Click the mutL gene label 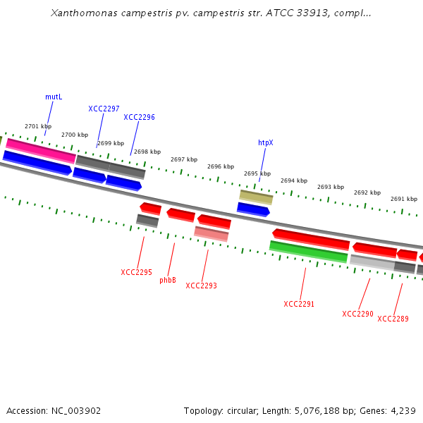[x=54, y=97]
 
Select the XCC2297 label [x=104, y=109]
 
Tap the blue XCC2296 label [x=139, y=117]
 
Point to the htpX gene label [x=265, y=142]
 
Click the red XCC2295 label [x=136, y=272]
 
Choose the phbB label [x=168, y=280]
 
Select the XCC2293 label [x=201, y=286]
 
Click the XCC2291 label [x=299, y=304]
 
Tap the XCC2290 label [x=357, y=314]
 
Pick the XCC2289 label [x=393, y=319]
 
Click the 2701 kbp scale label [x=37, y=126]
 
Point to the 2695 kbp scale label [x=257, y=173]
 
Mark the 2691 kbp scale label [x=403, y=199]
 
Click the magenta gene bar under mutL [x=40, y=149]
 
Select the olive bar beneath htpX [x=256, y=197]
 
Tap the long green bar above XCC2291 [x=308, y=251]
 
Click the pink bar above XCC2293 [x=211, y=233]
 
